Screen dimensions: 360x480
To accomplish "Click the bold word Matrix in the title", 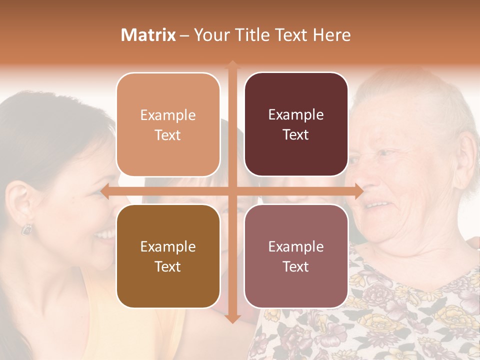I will click(148, 35).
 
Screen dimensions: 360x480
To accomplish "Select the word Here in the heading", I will click(332, 35).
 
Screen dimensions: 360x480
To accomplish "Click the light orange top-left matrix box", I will click(168, 124).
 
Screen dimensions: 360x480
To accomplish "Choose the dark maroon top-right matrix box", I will click(296, 124).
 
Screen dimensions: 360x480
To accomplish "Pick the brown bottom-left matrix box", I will click(168, 256).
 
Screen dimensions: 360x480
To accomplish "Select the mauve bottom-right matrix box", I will click(296, 256).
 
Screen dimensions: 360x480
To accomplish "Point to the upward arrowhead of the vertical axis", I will click(232, 65).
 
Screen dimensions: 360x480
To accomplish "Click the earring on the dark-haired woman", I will click(26, 229).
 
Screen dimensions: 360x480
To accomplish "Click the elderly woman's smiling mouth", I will click(378, 205).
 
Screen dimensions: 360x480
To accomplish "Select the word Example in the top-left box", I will click(168, 115).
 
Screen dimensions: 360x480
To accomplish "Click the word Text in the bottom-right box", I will click(296, 266).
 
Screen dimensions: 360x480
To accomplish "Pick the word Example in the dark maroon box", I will click(296, 114).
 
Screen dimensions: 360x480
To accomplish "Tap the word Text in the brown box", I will click(168, 266).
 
